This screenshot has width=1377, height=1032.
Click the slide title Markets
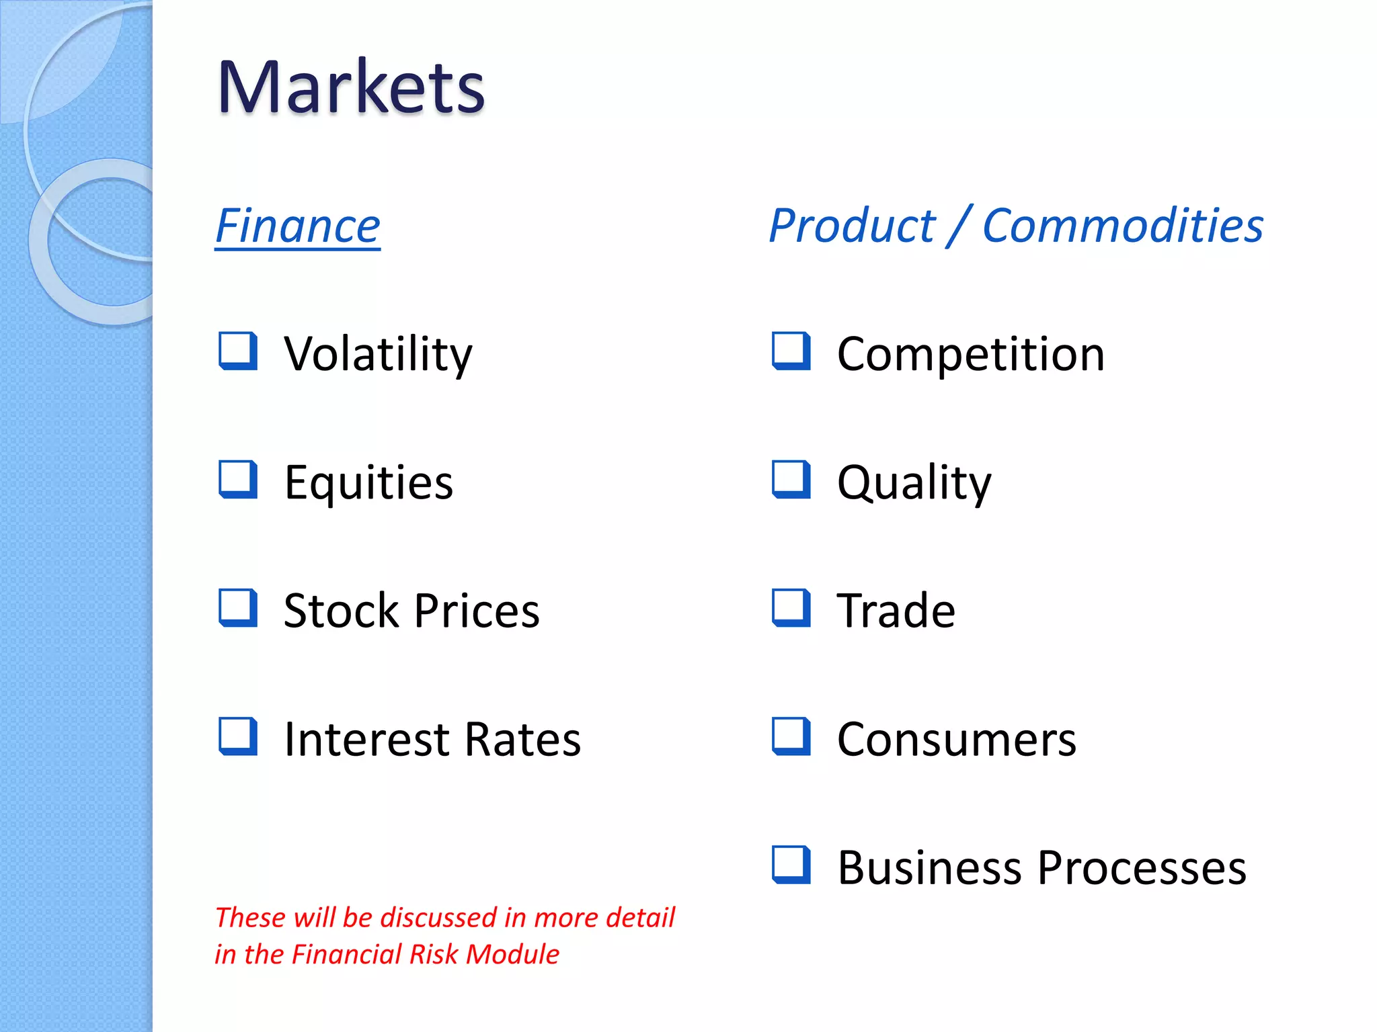tap(350, 87)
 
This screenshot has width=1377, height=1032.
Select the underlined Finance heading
tap(298, 226)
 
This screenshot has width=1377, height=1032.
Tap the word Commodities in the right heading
tap(1122, 226)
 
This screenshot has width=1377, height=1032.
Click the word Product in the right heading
tap(852, 226)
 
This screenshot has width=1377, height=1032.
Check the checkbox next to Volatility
tap(238, 351)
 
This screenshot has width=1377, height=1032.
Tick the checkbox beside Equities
tap(238, 479)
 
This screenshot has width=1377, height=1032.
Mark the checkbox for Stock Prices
tap(238, 608)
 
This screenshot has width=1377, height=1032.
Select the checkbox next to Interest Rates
tap(238, 736)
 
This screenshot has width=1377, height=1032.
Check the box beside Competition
tap(791, 351)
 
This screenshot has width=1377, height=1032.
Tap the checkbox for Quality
tap(791, 479)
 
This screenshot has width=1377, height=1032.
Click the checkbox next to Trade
tap(791, 608)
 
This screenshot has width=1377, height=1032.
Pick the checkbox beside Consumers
tap(791, 736)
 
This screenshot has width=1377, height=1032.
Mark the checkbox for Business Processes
tap(791, 865)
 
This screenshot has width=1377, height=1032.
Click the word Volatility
tap(378, 354)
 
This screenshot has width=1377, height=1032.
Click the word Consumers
tap(956, 740)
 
